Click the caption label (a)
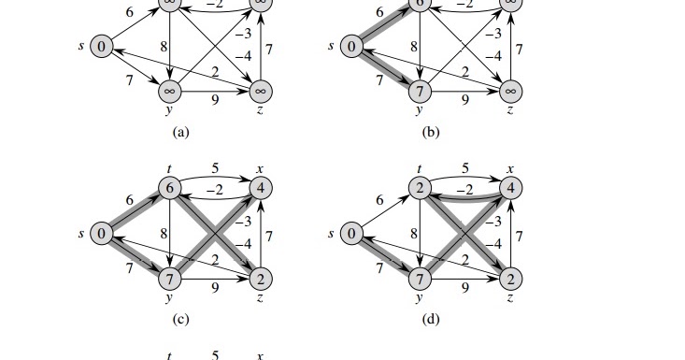click(181, 132)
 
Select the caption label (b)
click(431, 132)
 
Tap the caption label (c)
click(181, 320)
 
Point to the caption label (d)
click(431, 320)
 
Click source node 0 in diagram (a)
click(101, 47)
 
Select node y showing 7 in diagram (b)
click(420, 92)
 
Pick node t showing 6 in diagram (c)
click(169, 188)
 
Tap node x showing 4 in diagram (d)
click(510, 188)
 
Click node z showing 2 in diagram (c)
click(261, 279)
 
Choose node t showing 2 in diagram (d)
click(420, 188)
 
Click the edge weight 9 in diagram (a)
click(215, 100)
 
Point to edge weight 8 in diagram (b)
click(414, 47)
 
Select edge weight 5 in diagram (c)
click(215, 168)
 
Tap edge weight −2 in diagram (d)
click(464, 190)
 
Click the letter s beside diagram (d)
click(331, 234)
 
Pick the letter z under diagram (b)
click(510, 110)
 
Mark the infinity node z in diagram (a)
click(261, 92)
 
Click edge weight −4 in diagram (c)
click(243, 244)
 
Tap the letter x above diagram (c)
click(261, 169)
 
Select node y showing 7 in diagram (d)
click(420, 279)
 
